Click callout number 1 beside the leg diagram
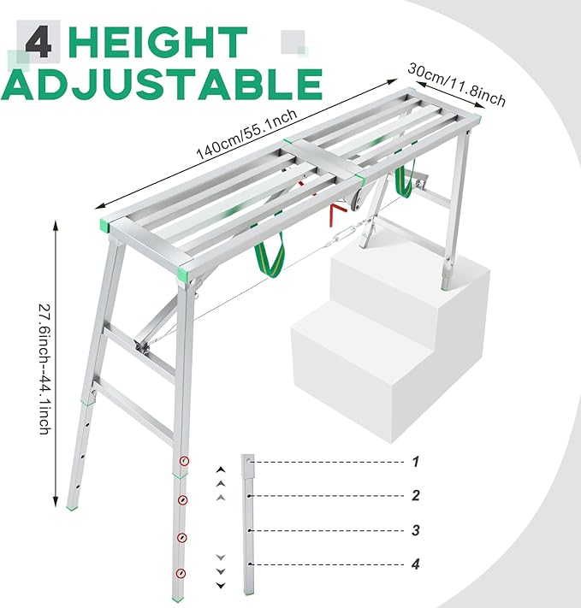417,462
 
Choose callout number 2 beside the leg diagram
416,495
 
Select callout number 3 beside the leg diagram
416,530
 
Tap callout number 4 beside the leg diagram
417,564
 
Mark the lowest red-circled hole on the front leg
180,573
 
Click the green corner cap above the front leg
184,274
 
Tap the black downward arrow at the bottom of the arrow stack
221,585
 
